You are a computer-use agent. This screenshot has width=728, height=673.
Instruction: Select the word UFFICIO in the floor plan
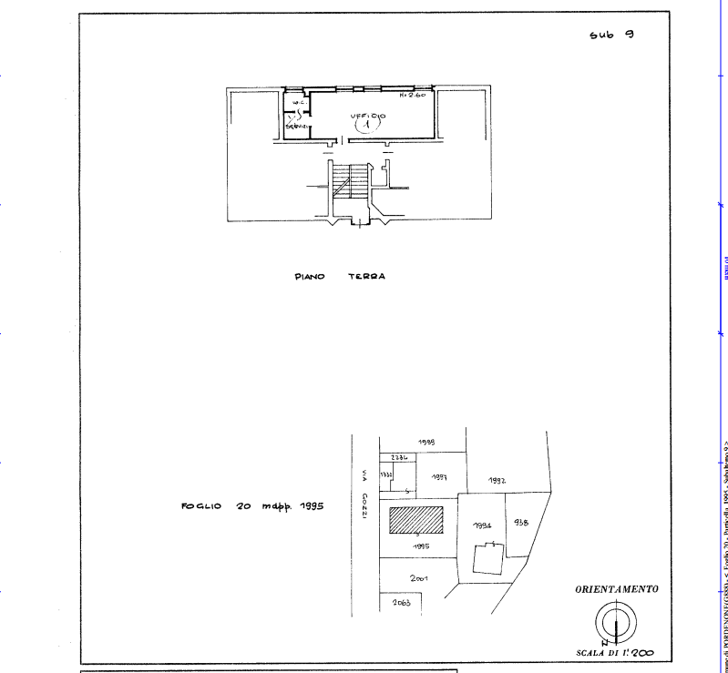click(x=368, y=117)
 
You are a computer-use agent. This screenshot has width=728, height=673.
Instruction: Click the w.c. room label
click(x=295, y=102)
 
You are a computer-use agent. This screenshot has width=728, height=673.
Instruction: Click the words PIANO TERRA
click(x=339, y=277)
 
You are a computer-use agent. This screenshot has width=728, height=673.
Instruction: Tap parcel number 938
click(x=520, y=522)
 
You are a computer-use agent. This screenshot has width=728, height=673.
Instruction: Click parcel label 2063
click(x=402, y=604)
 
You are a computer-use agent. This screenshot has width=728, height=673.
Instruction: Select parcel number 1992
click(x=497, y=480)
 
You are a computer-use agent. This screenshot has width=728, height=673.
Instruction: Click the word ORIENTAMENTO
click(x=616, y=589)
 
